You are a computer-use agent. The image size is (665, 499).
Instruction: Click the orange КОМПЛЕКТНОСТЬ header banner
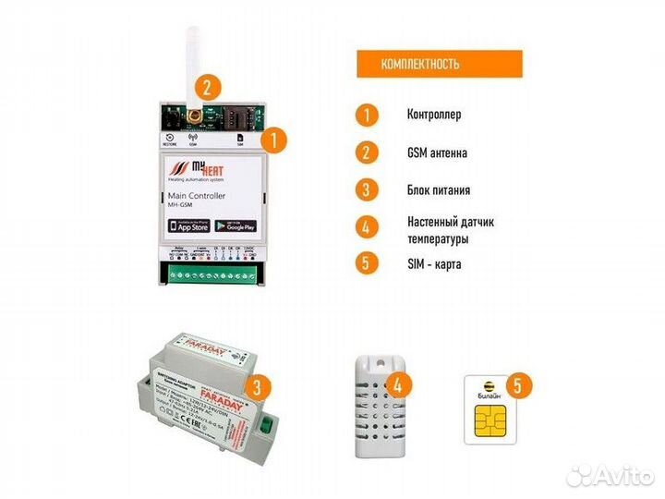tap(439, 64)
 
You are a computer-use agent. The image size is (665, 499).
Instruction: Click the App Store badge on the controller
tap(187, 225)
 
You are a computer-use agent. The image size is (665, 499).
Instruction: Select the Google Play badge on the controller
tap(236, 225)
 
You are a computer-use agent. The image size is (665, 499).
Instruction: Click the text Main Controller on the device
tap(197, 197)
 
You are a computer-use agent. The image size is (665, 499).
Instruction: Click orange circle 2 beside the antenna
tap(210, 89)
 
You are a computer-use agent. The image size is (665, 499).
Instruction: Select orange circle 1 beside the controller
tap(273, 140)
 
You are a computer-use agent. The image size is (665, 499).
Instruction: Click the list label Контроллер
tap(433, 116)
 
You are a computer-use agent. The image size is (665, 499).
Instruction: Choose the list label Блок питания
tap(439, 190)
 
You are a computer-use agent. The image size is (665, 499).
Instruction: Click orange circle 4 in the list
tap(367, 227)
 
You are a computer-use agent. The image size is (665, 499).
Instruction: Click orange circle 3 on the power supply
tap(261, 387)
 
